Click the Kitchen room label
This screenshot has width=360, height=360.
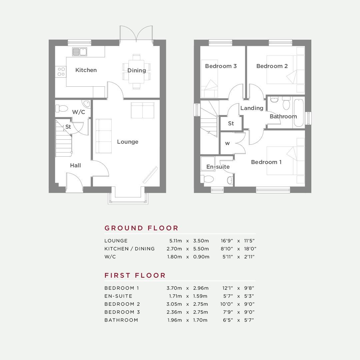pyautogui.click(x=86, y=70)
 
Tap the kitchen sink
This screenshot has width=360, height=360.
pyautogui.click(x=79, y=52)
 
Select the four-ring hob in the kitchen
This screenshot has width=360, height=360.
pyautogui.click(x=61, y=71)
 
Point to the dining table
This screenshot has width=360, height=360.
pyautogui.click(x=136, y=71)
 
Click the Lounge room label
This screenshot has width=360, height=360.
pyautogui.click(x=128, y=142)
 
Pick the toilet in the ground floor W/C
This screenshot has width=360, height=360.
pyautogui.click(x=61, y=108)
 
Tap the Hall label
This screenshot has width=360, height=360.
pyautogui.click(x=75, y=165)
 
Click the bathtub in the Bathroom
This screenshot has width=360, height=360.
pyautogui.click(x=298, y=113)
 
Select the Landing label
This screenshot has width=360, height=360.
pyautogui.click(x=252, y=108)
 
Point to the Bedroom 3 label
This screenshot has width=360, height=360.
pyautogui.click(x=221, y=66)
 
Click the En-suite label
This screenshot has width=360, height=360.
pyautogui.click(x=218, y=167)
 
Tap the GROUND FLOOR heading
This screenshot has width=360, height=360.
pyautogui.click(x=141, y=228)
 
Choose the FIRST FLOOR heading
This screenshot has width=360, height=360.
pyautogui.click(x=135, y=275)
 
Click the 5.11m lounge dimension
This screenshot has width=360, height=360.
pyautogui.click(x=175, y=241)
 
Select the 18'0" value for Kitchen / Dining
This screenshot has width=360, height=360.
pyautogui.click(x=250, y=249)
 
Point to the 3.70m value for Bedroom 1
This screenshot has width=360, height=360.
pyautogui.click(x=174, y=288)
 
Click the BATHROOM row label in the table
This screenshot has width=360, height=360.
pyautogui.click(x=121, y=320)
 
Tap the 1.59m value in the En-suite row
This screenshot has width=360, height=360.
pyautogui.click(x=200, y=296)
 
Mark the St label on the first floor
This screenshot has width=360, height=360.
pyautogui.click(x=231, y=124)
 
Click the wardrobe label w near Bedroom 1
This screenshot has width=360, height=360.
pyautogui.click(x=227, y=144)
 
